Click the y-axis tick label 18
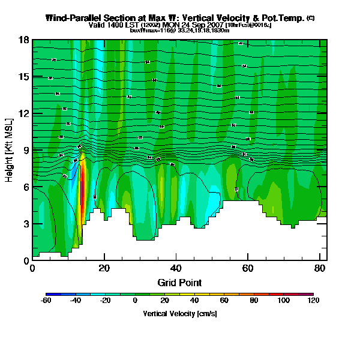(x=23, y=40)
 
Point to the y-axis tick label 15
(x=23, y=77)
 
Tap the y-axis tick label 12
(x=23, y=114)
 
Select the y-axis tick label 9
(x=26, y=151)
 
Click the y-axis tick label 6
(x=26, y=187)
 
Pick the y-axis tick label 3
(x=26, y=224)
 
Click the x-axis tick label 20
(x=105, y=269)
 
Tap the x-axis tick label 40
(x=178, y=269)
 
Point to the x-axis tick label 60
(x=251, y=269)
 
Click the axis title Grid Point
(x=179, y=283)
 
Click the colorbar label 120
(x=313, y=301)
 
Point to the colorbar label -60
(x=45, y=301)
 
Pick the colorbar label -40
(x=75, y=301)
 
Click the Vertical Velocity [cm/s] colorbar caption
(x=179, y=314)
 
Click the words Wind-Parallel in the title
(x=73, y=18)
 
